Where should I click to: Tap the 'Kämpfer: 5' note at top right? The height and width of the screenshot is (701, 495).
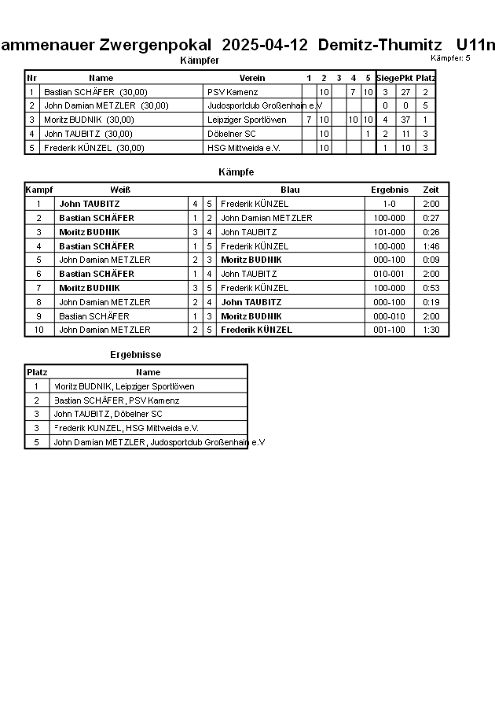[450, 58]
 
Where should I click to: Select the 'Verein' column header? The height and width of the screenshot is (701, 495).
[252, 78]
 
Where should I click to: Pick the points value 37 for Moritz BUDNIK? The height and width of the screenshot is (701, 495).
[405, 120]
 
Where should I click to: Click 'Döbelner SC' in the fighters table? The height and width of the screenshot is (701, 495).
[232, 134]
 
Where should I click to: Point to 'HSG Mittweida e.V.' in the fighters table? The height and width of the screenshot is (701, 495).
[244, 148]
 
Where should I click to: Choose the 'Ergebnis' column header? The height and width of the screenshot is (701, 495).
[390, 190]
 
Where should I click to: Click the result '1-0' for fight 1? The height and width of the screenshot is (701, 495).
[390, 204]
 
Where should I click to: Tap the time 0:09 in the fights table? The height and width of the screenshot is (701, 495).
[431, 260]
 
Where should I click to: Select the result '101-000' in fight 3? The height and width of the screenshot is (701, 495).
[390, 232]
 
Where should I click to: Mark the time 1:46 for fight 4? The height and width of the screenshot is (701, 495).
[431, 246]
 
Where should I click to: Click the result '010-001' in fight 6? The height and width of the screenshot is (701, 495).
[390, 274]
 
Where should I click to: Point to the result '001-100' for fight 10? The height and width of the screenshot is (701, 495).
[390, 330]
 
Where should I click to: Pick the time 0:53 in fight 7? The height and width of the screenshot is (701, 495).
[431, 288]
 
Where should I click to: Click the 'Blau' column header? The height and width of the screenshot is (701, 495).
[290, 190]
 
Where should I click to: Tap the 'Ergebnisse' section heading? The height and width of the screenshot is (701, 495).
[135, 355]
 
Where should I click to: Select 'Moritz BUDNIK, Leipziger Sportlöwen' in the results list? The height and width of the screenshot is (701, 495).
[123, 386]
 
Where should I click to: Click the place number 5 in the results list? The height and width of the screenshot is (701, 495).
[36, 442]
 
